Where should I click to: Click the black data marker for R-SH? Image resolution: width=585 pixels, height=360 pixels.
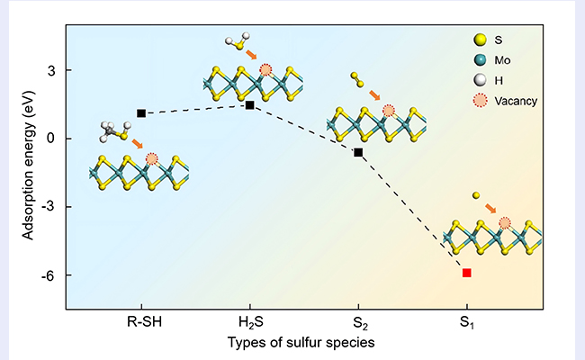[141, 113]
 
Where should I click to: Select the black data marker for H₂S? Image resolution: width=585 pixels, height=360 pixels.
[249, 105]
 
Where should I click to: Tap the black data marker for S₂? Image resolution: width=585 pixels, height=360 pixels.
[358, 152]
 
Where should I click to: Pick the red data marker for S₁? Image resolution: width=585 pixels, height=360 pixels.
[466, 272]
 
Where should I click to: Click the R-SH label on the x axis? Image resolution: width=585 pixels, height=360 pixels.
[141, 321]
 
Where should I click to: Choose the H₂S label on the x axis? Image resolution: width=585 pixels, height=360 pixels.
[249, 321]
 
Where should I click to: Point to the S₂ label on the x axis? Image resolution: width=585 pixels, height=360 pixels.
[358, 321]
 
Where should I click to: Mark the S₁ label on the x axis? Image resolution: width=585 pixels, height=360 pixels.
[466, 321]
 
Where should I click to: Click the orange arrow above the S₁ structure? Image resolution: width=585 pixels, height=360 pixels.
[490, 208]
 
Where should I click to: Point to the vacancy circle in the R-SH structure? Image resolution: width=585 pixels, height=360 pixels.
[151, 159]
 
